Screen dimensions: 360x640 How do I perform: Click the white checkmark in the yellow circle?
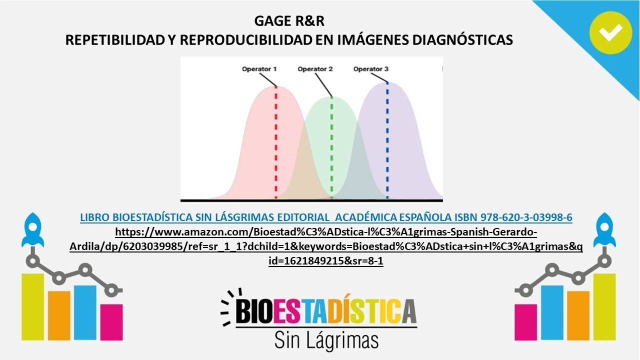(610, 33)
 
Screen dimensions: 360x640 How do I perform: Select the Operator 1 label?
(259, 69)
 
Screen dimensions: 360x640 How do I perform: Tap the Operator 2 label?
(315, 69)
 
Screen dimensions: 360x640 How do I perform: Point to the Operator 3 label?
(371, 69)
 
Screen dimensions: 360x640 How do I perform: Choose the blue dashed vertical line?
(387, 140)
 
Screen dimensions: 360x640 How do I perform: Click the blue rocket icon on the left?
(32, 230)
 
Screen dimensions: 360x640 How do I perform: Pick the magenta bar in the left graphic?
(111, 322)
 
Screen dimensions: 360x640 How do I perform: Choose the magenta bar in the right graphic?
(526, 322)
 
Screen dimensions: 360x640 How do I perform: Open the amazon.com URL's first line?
(326, 232)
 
